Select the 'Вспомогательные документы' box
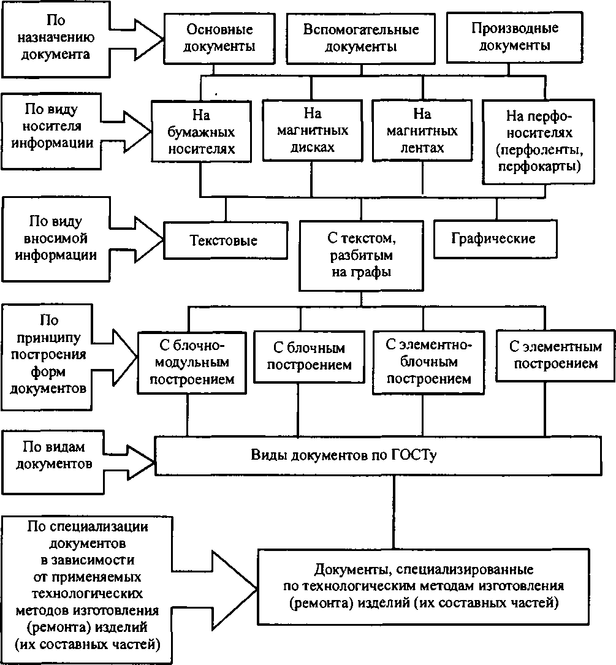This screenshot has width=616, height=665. (x=361, y=37)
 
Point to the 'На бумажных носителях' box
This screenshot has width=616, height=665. (x=201, y=131)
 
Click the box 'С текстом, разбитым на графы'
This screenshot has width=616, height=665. (x=360, y=254)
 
